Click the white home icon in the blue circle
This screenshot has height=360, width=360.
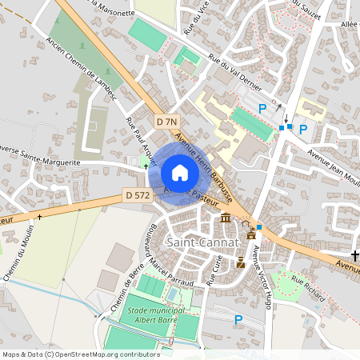coord(179,173)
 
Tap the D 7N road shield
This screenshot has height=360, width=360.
coord(166,122)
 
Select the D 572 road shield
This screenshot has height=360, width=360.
coord(136,194)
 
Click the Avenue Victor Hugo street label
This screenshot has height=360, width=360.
coord(258,277)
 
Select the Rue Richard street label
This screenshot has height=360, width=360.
coord(308,288)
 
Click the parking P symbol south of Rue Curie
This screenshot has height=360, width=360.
coord(238,320)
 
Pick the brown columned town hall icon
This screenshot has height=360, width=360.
coord(226,218)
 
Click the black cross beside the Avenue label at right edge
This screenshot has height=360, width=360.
coord(354,255)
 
